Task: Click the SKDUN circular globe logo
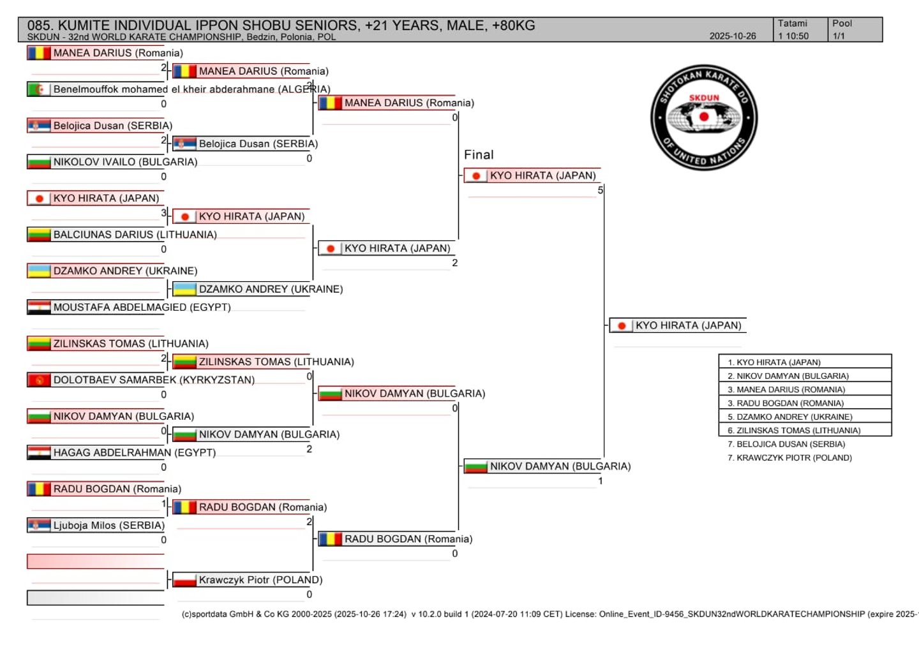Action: pos(704,117)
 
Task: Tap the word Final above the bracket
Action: pos(479,155)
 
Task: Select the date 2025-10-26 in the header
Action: pos(732,36)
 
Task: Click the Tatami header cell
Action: pos(792,24)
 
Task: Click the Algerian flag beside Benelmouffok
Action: pos(39,89)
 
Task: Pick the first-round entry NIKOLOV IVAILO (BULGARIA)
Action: pos(125,162)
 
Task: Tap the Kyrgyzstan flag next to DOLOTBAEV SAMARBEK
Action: pos(39,380)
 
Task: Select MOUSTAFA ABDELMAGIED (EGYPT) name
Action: pos(142,308)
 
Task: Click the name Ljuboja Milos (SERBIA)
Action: pos(108,526)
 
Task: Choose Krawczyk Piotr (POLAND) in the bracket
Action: pos(260,580)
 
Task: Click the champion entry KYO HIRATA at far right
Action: pos(688,325)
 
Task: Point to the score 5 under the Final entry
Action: pos(600,190)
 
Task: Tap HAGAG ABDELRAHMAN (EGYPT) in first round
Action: pos(134,453)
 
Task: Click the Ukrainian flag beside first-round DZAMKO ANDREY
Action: pos(39,271)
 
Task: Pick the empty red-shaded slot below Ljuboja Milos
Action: pos(96,561)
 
